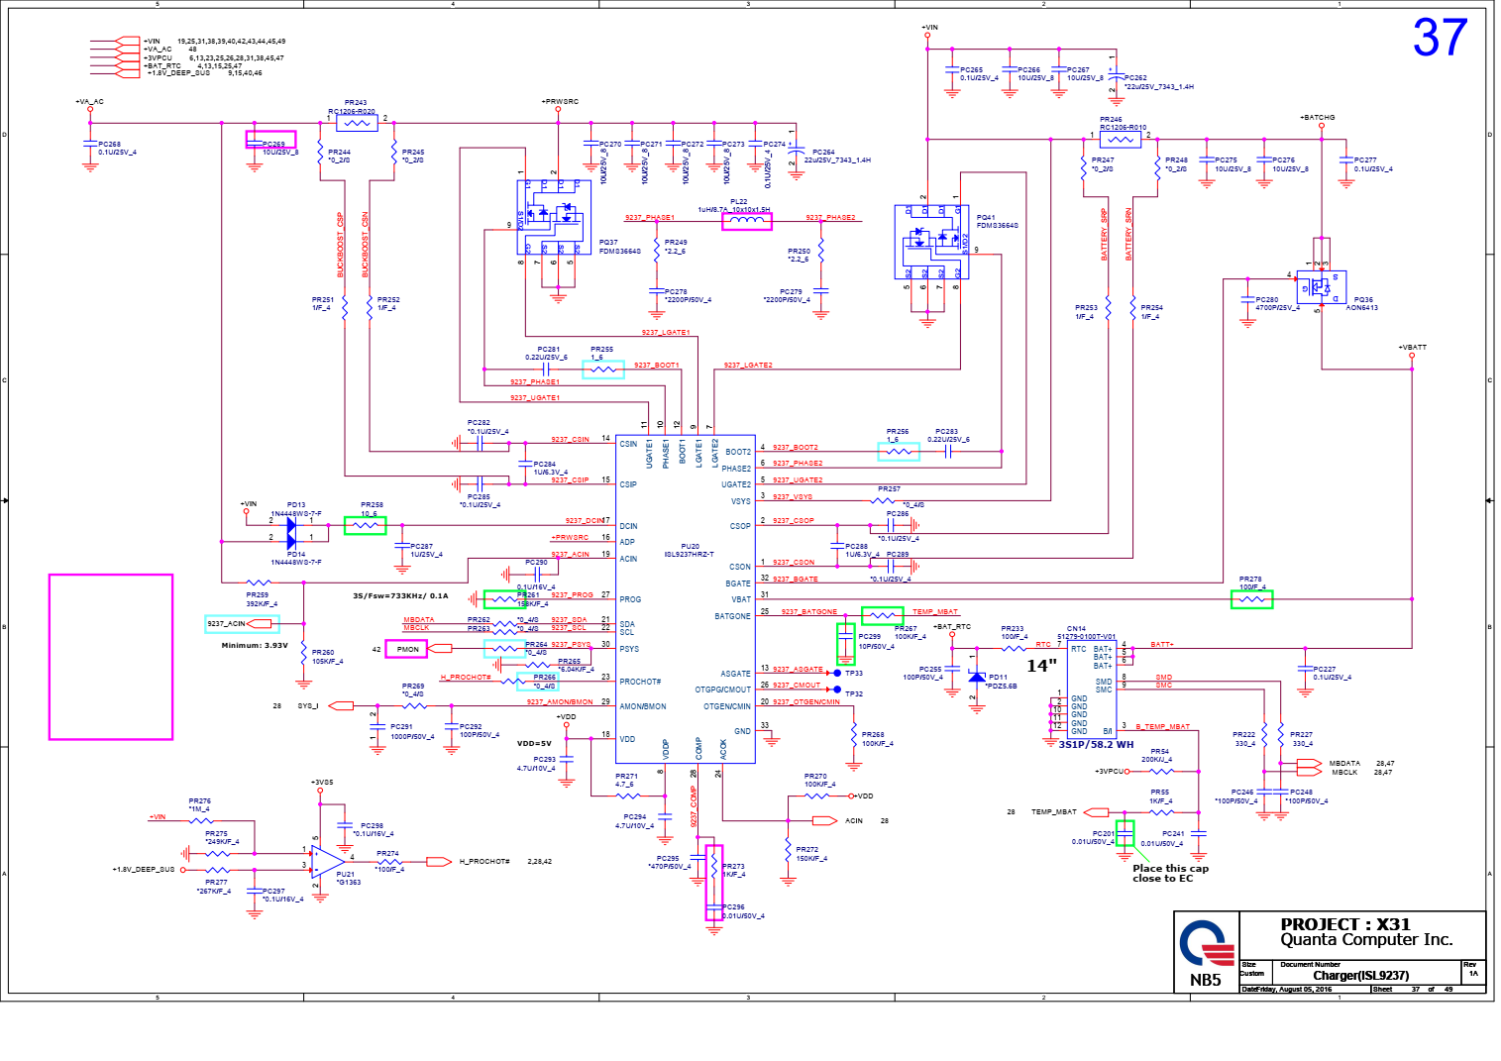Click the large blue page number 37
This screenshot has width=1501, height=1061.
pyautogui.click(x=1440, y=38)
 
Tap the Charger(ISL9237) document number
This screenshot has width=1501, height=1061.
pyautogui.click(x=1360, y=976)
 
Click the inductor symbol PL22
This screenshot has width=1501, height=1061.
pyautogui.click(x=746, y=221)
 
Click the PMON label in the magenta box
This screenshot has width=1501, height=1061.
pyautogui.click(x=407, y=649)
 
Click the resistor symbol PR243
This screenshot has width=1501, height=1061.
pyautogui.click(x=356, y=123)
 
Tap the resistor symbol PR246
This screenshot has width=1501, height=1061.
pyautogui.click(x=1120, y=140)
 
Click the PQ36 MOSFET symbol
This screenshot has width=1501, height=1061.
pyautogui.click(x=1322, y=287)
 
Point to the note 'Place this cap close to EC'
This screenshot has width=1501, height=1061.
pyautogui.click(x=1170, y=873)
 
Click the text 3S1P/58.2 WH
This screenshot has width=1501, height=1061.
pyautogui.click(x=1096, y=744)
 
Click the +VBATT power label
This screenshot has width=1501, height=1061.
pyautogui.click(x=1412, y=348)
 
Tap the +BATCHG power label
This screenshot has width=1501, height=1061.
pyautogui.click(x=1317, y=118)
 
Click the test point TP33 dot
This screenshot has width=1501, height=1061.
pyautogui.click(x=837, y=673)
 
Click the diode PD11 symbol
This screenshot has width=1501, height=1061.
pyautogui.click(x=977, y=678)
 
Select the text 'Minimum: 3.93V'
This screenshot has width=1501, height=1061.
pyautogui.click(x=255, y=645)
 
